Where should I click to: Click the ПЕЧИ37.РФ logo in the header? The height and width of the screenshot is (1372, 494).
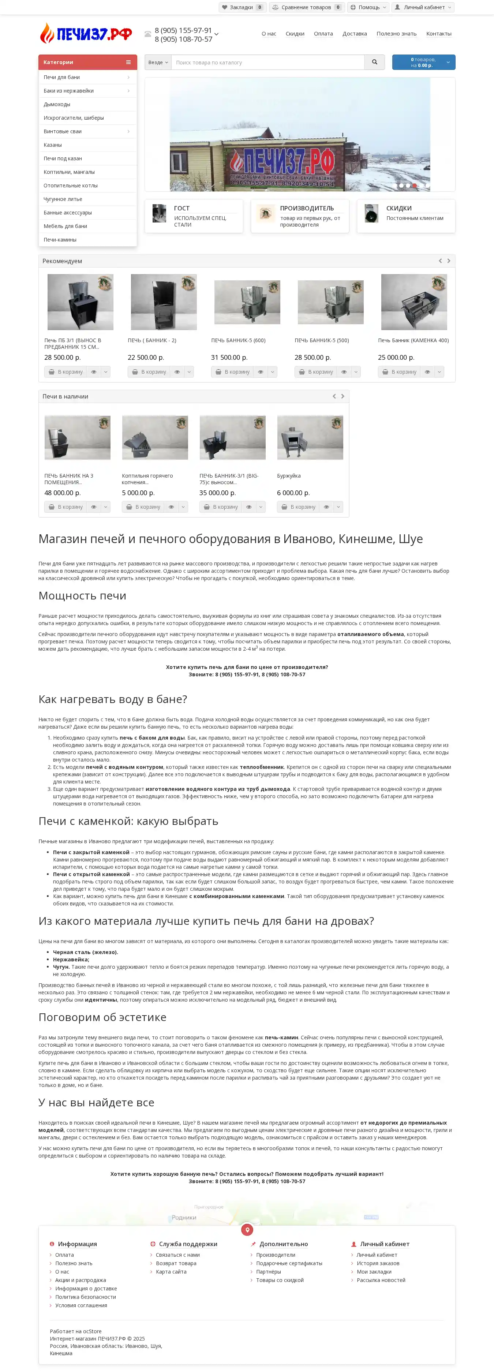(86, 34)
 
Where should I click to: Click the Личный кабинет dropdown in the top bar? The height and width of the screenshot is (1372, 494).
(423, 7)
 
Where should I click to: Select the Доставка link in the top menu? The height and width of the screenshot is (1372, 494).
(355, 34)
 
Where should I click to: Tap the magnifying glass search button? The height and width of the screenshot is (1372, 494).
(374, 62)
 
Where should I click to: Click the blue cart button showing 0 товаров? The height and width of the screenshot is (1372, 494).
(423, 62)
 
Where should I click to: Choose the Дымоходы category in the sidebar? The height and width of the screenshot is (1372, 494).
(57, 104)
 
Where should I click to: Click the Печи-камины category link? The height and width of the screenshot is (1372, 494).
(60, 240)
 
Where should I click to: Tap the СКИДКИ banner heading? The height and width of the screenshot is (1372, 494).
(399, 208)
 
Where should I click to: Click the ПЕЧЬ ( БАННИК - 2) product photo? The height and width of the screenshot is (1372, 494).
(164, 302)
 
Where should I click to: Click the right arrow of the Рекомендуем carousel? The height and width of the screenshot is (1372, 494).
(449, 261)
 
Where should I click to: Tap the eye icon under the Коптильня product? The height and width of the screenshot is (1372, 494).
(171, 507)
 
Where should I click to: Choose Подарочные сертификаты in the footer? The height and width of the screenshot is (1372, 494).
(289, 1263)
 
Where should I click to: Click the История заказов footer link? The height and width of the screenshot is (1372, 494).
(378, 1263)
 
